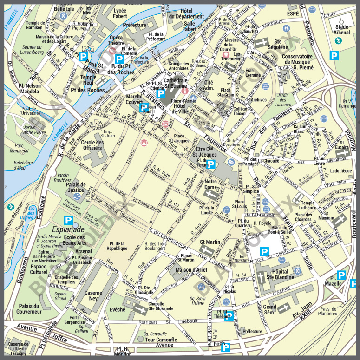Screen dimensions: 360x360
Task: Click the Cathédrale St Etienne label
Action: point(175,82)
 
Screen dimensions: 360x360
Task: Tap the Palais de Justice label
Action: point(75,187)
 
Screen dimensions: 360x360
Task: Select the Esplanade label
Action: point(68,229)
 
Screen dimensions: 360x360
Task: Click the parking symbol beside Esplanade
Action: point(68,220)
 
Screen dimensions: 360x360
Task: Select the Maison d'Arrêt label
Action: point(191,270)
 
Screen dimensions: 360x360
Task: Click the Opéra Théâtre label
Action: point(117,40)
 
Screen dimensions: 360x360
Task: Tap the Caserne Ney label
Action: point(94,295)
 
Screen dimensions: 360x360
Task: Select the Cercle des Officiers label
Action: point(92,145)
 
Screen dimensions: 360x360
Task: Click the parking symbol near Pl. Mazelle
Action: point(341,275)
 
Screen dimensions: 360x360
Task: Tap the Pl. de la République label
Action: point(117,246)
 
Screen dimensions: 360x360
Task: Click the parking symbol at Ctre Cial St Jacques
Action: point(211,164)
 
